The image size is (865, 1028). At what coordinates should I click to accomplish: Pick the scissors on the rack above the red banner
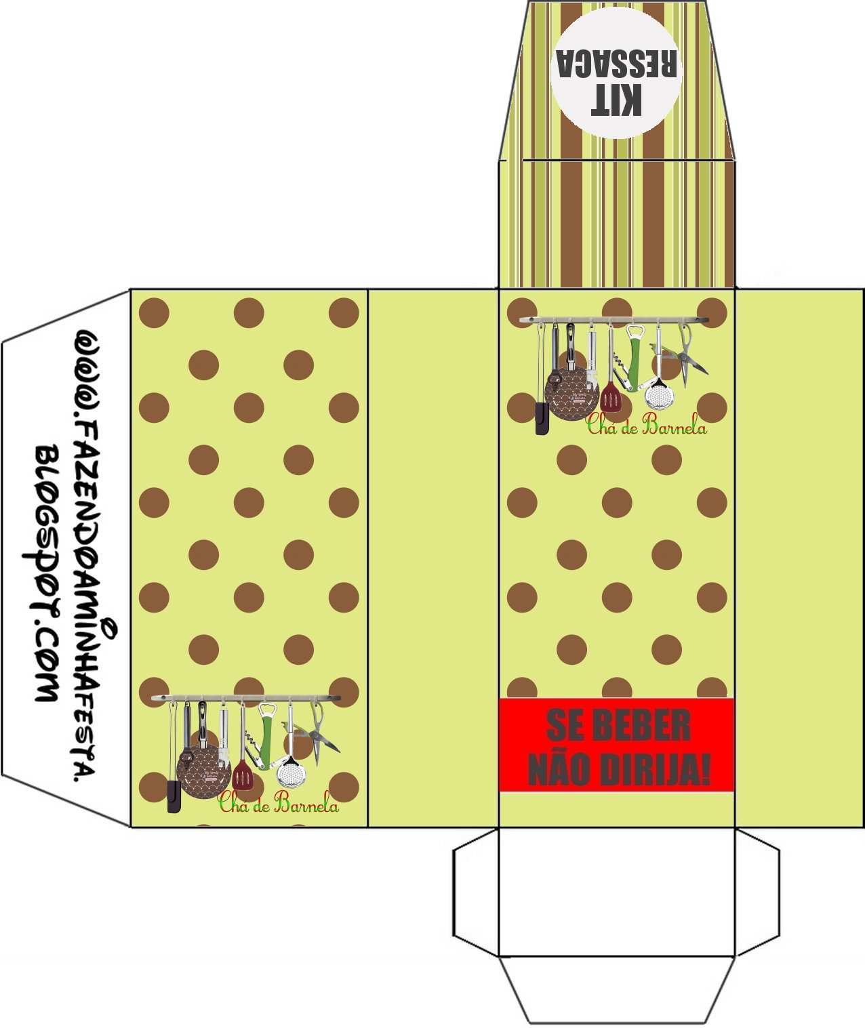pyautogui.click(x=690, y=356)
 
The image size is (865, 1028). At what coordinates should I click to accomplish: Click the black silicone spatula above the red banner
pyautogui.click(x=542, y=417)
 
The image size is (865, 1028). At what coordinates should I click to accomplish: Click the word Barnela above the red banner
pyautogui.click(x=674, y=426)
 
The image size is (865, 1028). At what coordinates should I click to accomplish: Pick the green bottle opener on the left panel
pyautogui.click(x=267, y=732)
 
